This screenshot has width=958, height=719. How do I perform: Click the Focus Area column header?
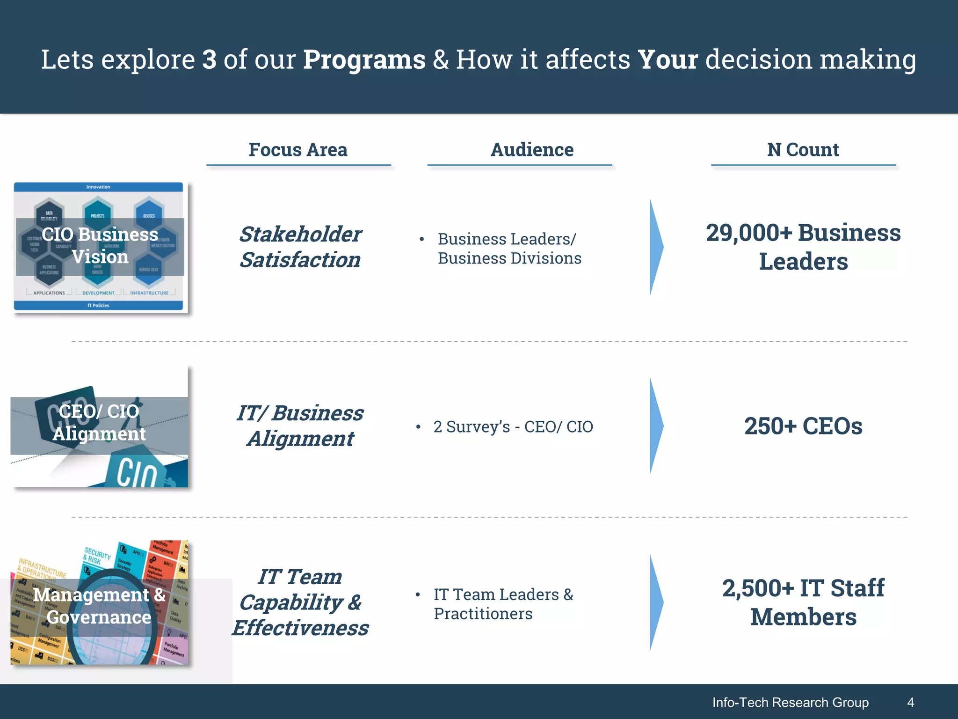pos(298,150)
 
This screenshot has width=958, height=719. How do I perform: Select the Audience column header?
pos(532,150)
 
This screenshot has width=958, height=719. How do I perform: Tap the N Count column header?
pos(803,150)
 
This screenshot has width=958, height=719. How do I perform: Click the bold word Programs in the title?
pos(364,60)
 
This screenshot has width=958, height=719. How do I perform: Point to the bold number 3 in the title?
pos(210,60)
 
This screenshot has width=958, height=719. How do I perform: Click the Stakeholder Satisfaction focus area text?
pos(300,247)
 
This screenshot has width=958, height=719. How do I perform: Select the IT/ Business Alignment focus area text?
pos(300,426)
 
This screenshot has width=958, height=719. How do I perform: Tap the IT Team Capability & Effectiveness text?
pos(300,602)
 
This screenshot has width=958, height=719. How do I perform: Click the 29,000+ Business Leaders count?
pos(803,247)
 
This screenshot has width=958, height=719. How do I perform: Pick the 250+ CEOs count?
pos(803,426)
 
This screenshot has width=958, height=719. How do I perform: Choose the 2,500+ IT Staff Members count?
pos(803,602)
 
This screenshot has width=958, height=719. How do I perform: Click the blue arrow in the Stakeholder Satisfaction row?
pos(656,247)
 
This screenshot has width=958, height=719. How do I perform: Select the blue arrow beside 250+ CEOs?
pos(656,426)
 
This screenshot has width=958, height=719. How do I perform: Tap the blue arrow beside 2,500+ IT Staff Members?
pos(656,602)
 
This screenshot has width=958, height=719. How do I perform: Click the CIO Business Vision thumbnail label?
pos(100,246)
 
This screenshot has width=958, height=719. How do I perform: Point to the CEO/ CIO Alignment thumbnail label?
pos(99,423)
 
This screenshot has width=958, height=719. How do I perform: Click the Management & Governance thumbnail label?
pos(99,606)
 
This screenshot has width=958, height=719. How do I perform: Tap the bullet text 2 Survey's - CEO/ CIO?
pos(513,427)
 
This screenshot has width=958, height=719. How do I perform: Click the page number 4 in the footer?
pos(910,702)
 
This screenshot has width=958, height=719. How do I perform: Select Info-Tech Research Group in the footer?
pos(790,702)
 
